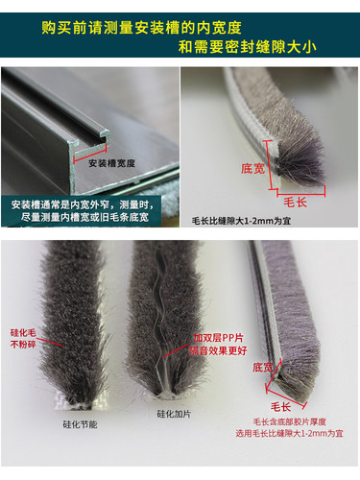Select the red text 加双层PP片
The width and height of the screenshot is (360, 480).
(x=218, y=338)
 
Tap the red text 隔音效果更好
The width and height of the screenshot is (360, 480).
(x=218, y=351)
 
